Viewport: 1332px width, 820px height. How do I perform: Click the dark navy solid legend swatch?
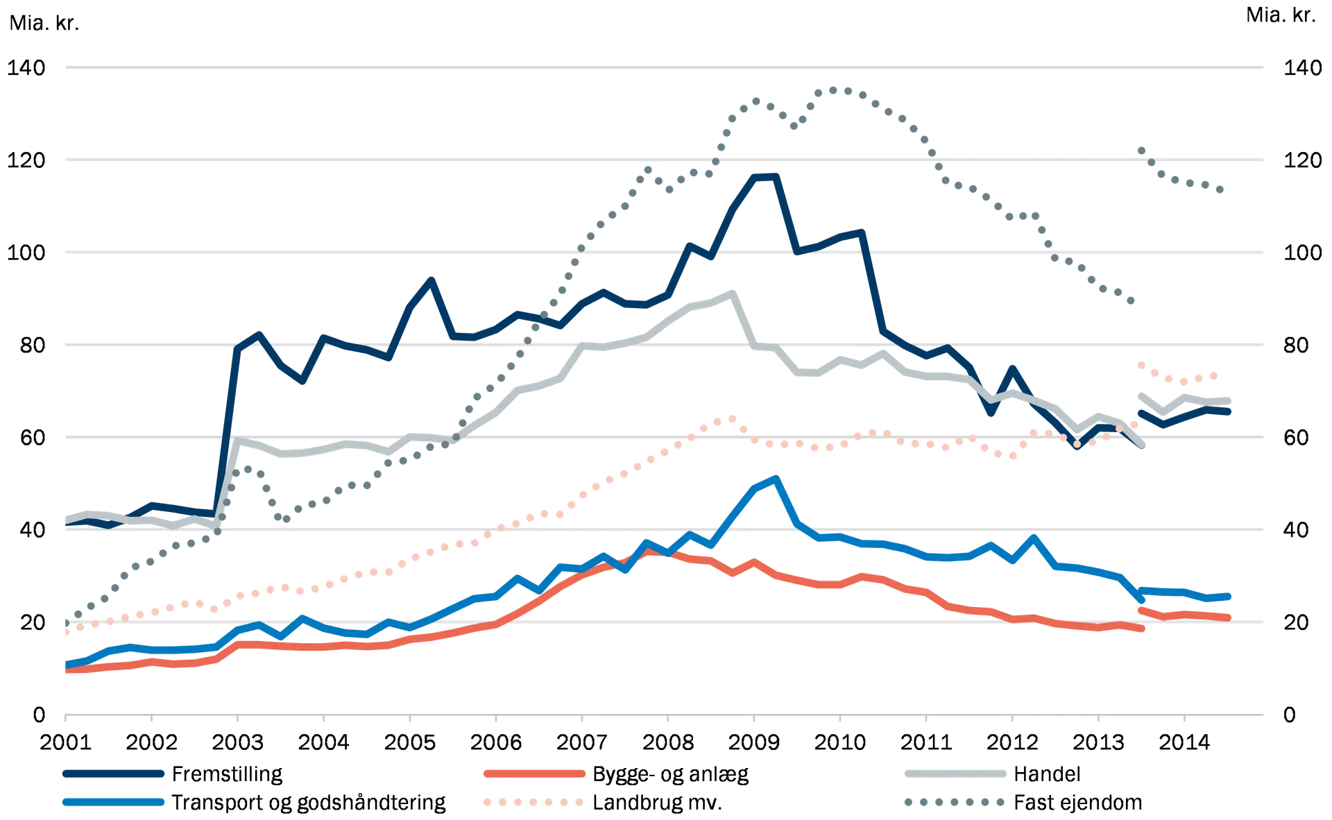tap(113, 774)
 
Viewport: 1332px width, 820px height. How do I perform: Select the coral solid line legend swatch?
tap(533, 774)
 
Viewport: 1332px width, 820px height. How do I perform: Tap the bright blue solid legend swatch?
tap(113, 802)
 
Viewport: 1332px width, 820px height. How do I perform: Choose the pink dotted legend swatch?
tap(533, 802)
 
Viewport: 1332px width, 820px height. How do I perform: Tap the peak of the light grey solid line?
tap(731, 292)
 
